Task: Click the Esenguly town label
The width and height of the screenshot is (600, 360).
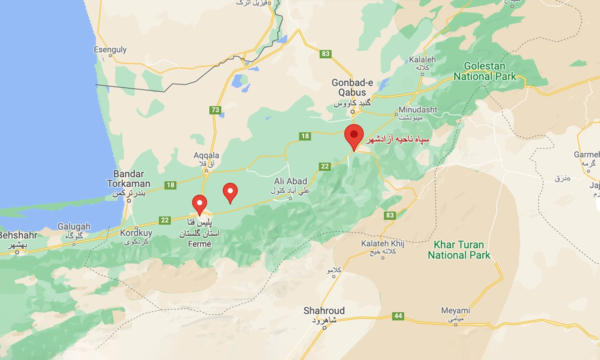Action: [x=110, y=50]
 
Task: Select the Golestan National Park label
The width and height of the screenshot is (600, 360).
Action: [x=484, y=71]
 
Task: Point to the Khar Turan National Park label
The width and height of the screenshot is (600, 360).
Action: [x=458, y=250]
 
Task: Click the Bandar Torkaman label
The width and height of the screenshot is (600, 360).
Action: [x=128, y=178]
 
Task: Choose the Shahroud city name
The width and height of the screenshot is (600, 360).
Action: [x=324, y=310]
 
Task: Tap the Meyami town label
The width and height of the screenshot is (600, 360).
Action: [x=455, y=310]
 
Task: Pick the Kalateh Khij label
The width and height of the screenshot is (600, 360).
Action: [x=383, y=243]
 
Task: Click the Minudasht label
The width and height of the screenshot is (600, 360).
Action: [x=418, y=109]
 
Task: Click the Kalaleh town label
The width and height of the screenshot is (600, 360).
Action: [x=422, y=59]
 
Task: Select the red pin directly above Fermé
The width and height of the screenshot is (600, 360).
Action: [x=199, y=204]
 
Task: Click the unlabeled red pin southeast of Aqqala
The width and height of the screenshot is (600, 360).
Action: [x=230, y=192]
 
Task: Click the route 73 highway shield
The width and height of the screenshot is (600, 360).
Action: [x=215, y=110]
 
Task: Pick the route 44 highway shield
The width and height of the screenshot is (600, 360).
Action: [x=398, y=316]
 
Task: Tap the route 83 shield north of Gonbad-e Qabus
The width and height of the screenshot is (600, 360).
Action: [x=326, y=53]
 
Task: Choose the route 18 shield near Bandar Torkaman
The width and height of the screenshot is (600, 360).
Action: [x=170, y=185]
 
